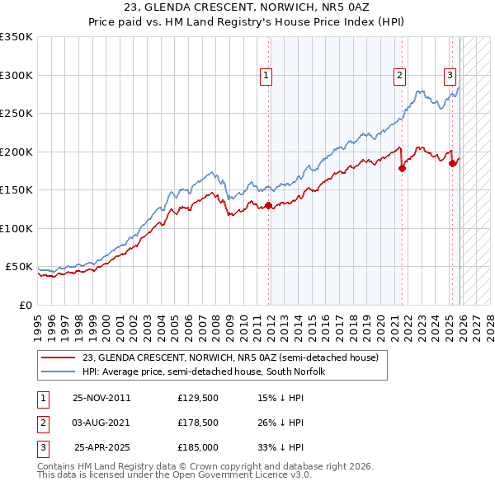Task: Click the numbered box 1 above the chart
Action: click(x=266, y=76)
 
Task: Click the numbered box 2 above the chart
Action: click(x=399, y=76)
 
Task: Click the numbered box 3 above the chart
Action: click(x=450, y=76)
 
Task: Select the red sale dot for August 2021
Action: click(x=403, y=168)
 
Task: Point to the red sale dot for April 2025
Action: click(x=452, y=163)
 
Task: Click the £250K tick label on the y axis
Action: click(x=16, y=114)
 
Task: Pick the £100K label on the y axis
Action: click(x=16, y=228)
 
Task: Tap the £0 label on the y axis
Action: click(x=26, y=306)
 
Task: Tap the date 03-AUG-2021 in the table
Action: click(x=101, y=423)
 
